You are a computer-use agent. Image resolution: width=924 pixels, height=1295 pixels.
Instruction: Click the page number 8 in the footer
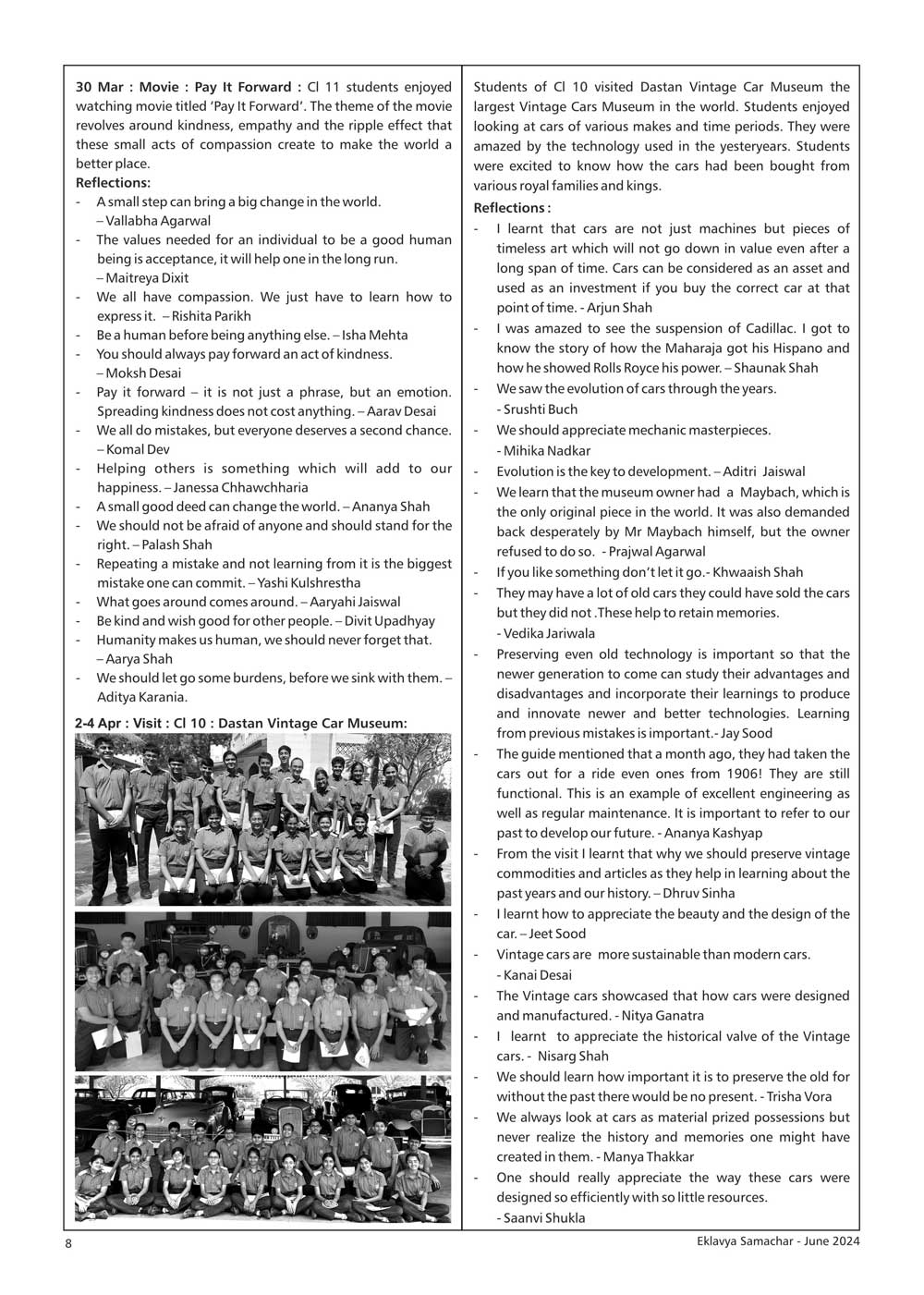(68, 1244)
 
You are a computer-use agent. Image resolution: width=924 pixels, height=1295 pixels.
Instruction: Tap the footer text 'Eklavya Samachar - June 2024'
(778, 1242)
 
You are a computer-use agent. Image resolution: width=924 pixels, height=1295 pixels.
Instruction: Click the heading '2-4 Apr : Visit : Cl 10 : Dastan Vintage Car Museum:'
(241, 722)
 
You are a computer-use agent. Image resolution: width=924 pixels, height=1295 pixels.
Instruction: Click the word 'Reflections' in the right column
(508, 208)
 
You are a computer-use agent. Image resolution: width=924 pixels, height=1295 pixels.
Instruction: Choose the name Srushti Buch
(540, 409)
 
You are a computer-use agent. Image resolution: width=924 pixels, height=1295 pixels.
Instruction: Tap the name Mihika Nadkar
(547, 450)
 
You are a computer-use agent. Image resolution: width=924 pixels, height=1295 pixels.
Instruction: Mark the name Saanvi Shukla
(544, 1217)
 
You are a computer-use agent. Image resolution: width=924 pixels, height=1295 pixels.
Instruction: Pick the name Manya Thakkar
(649, 1156)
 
